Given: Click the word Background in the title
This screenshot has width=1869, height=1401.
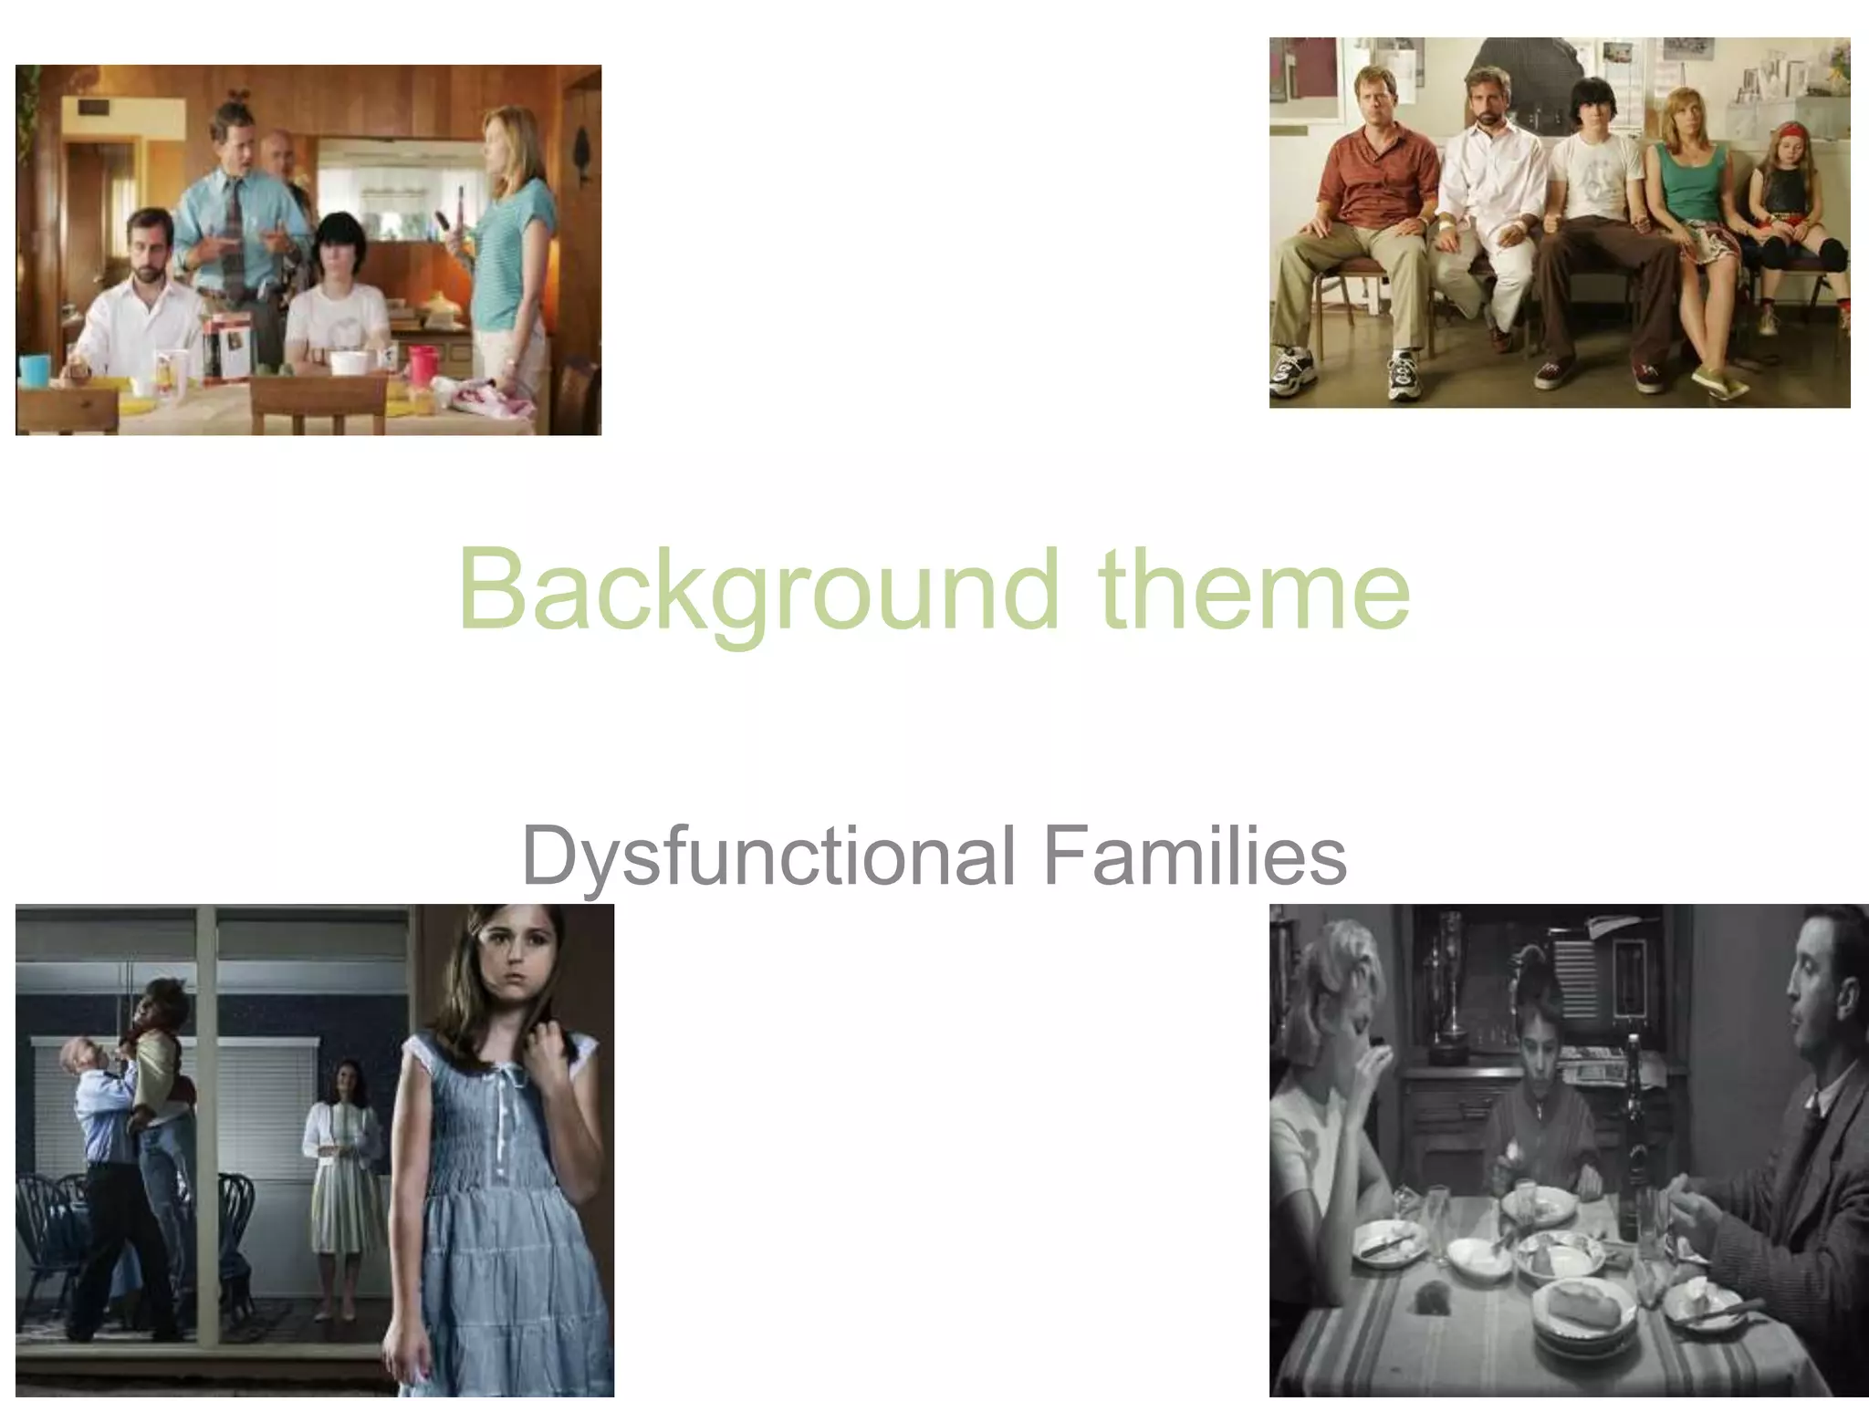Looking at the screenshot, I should click(x=757, y=590).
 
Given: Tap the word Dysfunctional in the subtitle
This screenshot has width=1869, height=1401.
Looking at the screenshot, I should click(x=767, y=856).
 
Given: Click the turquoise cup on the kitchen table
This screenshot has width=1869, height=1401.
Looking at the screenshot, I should click(x=35, y=369).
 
